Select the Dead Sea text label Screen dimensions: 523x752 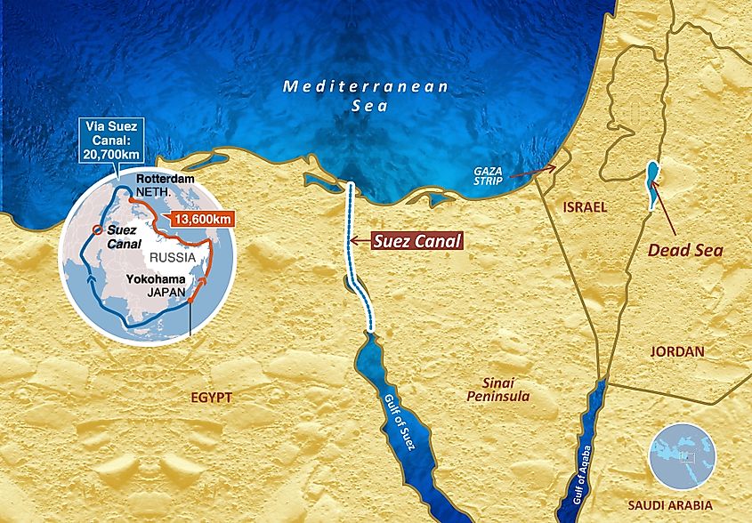[684, 250]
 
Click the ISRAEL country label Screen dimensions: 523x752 [584, 207]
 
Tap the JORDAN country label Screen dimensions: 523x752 [676, 351]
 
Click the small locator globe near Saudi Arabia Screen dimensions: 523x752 [682, 455]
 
